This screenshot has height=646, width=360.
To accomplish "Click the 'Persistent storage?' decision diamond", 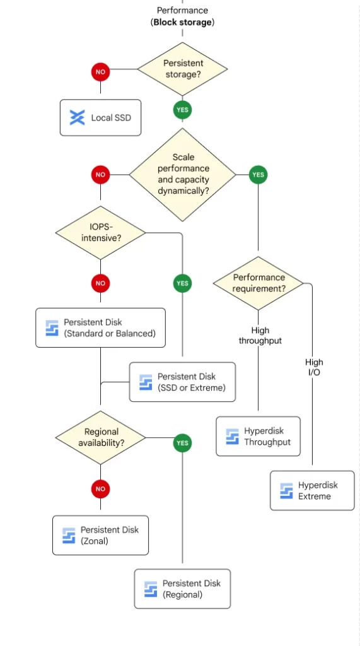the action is click(182, 69).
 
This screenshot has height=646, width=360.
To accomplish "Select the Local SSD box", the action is click(100, 117).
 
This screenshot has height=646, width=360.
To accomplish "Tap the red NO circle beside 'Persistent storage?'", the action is click(100, 72).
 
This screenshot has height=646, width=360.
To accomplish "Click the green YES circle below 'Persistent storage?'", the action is click(182, 110).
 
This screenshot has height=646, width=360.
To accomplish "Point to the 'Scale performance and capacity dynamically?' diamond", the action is click(182, 175).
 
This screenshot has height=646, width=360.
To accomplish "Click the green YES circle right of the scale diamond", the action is click(258, 175).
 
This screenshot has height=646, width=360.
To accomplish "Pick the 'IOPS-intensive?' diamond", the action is click(100, 233).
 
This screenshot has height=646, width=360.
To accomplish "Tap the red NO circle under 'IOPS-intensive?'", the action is click(100, 283).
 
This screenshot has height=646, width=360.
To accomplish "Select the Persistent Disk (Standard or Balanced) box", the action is click(100, 328).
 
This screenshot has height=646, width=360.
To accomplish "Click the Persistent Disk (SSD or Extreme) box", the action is click(182, 382).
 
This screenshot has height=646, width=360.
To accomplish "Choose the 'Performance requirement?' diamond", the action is click(258, 283).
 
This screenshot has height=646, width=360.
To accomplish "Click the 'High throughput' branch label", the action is click(260, 336).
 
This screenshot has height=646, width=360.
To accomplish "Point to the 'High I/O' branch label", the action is click(314, 367).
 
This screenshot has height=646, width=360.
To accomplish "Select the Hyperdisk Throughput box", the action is click(258, 437).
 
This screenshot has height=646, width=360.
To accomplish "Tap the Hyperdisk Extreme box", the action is click(312, 491).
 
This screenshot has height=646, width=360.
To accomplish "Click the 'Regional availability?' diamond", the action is click(100, 438).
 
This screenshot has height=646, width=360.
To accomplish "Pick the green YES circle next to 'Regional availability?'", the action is click(182, 443).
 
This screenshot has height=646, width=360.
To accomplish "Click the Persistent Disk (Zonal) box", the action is click(100, 535).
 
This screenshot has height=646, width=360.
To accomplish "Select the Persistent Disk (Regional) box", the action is click(182, 589).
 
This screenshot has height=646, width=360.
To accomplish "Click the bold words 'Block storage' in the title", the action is click(183, 22).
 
